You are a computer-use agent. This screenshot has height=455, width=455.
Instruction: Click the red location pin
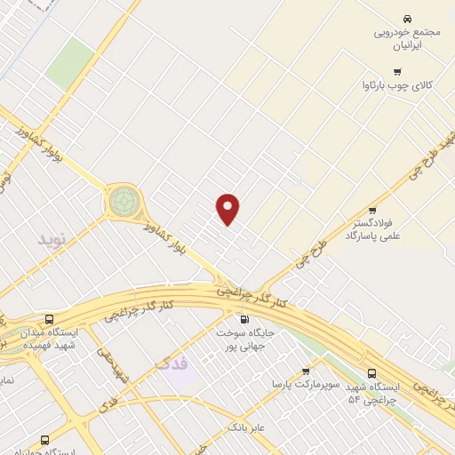228,209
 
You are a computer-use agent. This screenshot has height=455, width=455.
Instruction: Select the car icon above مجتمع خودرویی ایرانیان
406,19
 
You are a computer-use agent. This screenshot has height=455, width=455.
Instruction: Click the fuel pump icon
243,318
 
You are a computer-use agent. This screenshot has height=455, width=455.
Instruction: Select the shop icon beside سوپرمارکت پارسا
306,371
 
